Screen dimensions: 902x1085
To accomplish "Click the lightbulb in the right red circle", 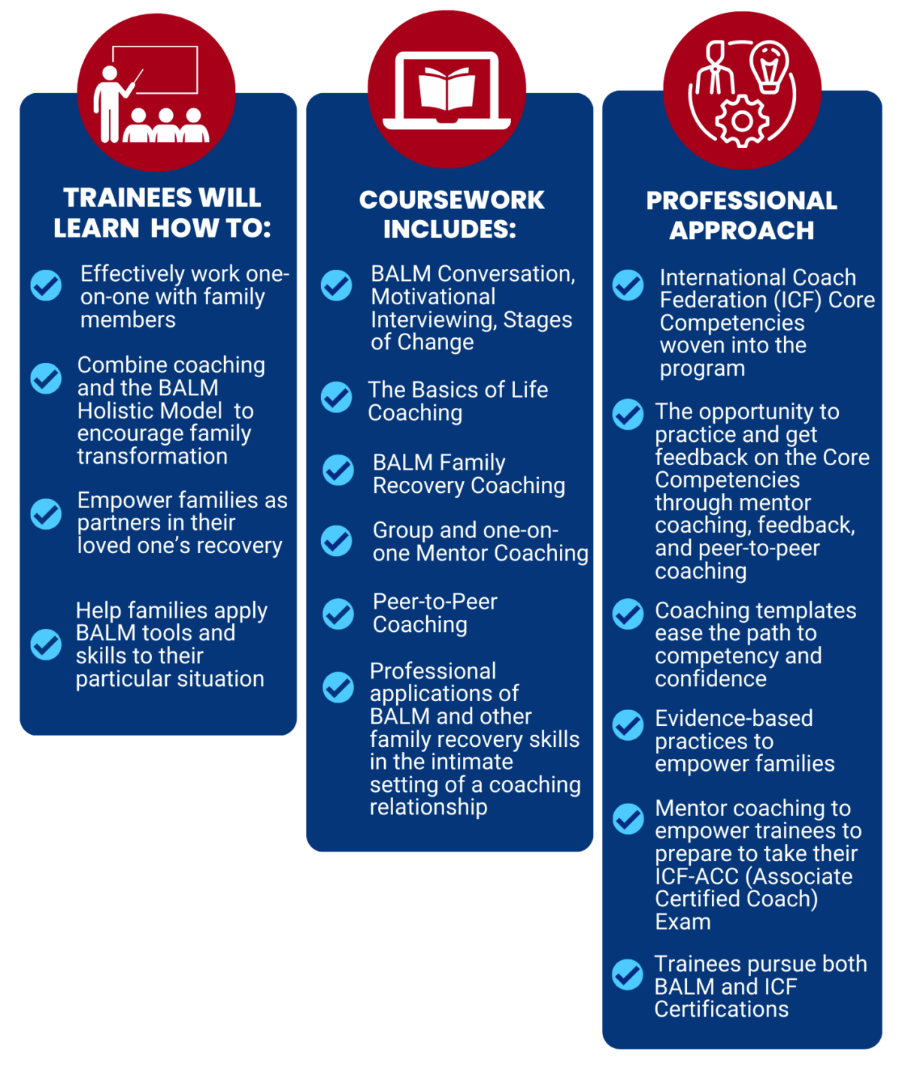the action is (769, 68).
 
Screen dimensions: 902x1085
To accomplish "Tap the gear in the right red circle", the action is (742, 121).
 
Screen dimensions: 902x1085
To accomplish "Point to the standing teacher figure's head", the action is (110, 74).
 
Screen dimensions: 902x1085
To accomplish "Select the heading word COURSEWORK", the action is (452, 200).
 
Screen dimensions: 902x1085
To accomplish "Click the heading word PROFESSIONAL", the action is (742, 201).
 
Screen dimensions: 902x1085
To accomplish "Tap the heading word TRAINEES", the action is (125, 198).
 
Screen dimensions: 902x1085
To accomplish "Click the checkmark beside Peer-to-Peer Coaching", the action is (338, 614).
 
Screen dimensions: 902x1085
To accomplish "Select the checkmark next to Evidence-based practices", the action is (628, 725).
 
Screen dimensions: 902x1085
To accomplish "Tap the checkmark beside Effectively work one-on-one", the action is (46, 285).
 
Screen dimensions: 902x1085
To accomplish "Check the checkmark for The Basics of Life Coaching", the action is (336, 397).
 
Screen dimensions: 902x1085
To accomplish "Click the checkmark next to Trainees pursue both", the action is (628, 975).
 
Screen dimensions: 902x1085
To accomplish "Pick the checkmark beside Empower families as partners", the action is (46, 514).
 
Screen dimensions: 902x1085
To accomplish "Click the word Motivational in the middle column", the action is (433, 297).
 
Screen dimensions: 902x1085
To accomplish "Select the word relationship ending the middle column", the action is (428, 807).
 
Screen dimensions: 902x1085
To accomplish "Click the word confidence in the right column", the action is (710, 679).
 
